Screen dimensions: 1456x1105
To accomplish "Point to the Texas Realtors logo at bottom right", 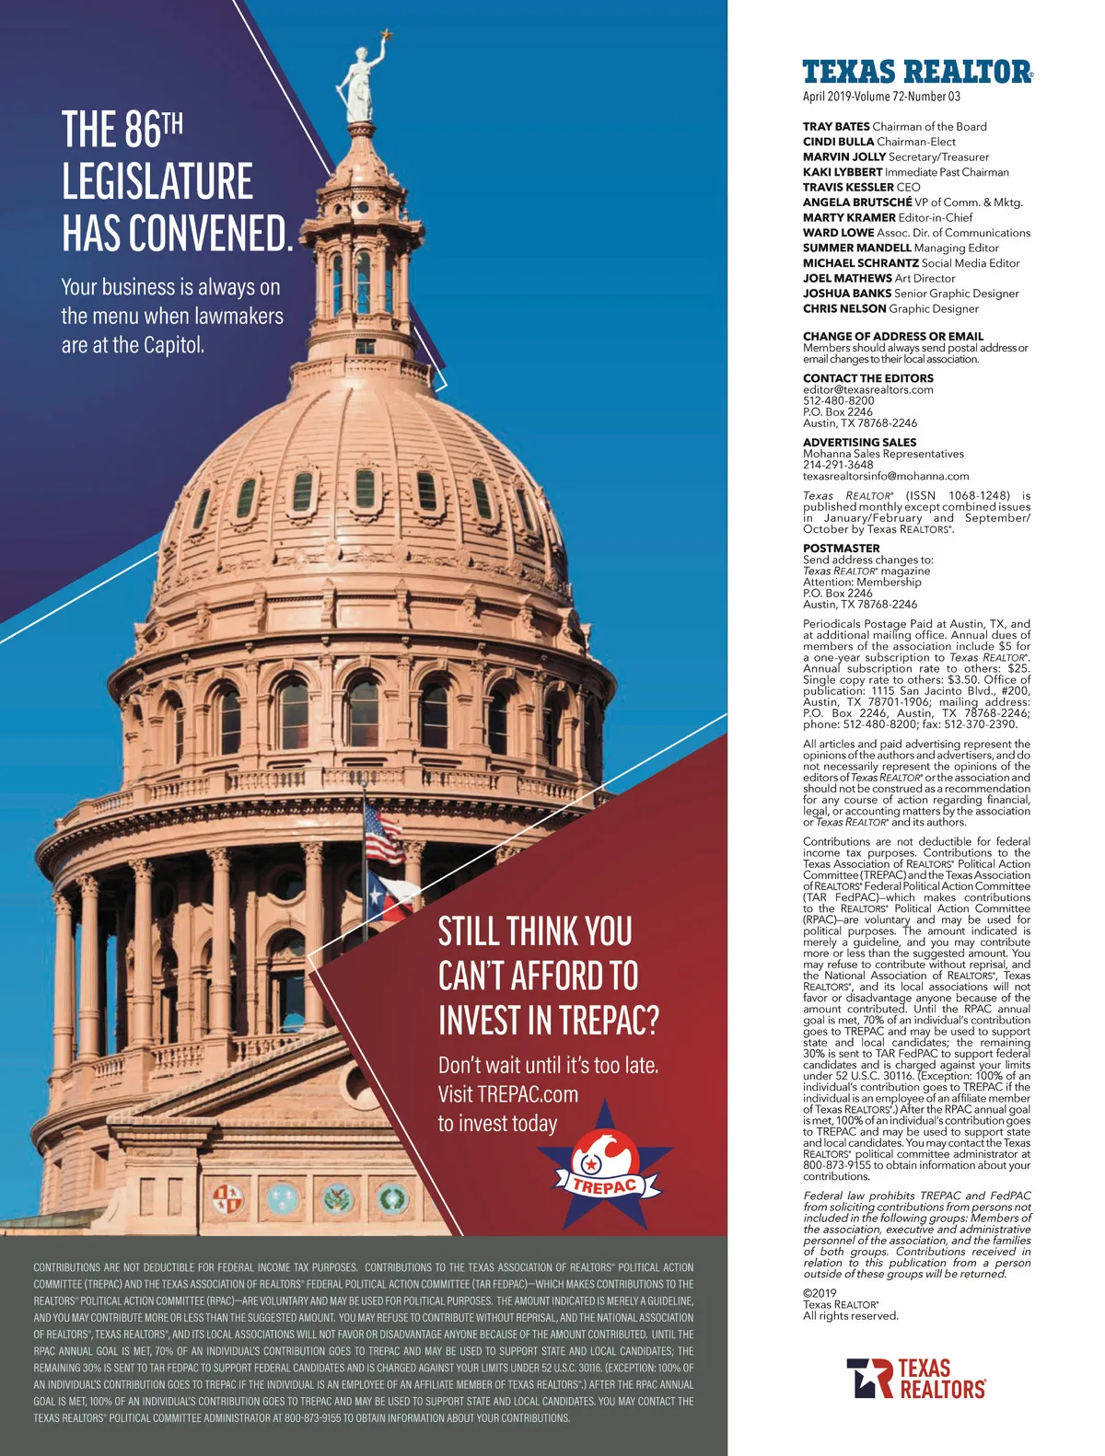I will pyautogui.click(x=915, y=1378).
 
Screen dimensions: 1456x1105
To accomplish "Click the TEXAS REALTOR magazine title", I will pyautogui.click(x=917, y=72).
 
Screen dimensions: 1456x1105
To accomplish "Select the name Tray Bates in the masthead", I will pyautogui.click(x=836, y=127).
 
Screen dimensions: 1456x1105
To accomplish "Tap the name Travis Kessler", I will pyautogui.click(x=848, y=187).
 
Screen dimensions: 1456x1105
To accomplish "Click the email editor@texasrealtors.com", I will pyautogui.click(x=867, y=389).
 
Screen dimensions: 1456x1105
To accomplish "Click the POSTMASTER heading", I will pyautogui.click(x=841, y=548).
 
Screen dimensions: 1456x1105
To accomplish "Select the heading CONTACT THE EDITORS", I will pyautogui.click(x=867, y=378).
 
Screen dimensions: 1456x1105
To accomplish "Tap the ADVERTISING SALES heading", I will pyautogui.click(x=859, y=443).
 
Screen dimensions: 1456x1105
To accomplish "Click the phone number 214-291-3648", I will pyautogui.click(x=838, y=465).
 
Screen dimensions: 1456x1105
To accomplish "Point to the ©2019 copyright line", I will pyautogui.click(x=820, y=1293).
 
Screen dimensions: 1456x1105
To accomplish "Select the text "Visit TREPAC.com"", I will pyautogui.click(x=508, y=1094).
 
